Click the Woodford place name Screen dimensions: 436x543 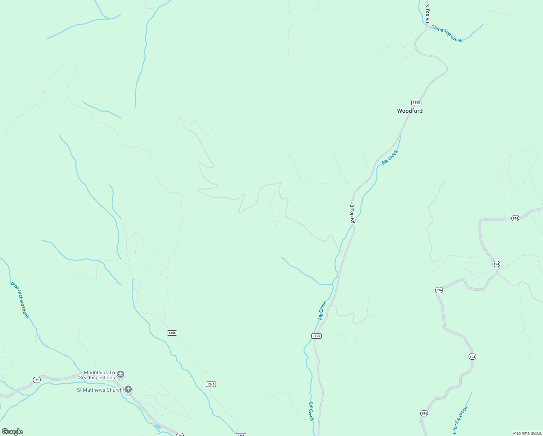409,111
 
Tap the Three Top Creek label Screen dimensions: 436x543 447,34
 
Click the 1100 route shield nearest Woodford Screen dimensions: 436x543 416,102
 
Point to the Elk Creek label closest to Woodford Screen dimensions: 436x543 390,157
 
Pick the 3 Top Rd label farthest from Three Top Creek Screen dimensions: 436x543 352,213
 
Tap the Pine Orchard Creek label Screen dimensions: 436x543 20,300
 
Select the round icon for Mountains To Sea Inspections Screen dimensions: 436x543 121,374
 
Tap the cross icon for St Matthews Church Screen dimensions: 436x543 128,390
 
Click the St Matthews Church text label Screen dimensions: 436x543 99,390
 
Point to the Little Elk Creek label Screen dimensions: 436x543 460,420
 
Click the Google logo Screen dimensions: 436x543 12,432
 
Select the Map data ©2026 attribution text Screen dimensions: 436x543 527,433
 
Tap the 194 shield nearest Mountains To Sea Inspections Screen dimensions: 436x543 37,380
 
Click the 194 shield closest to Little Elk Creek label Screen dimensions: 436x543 424,413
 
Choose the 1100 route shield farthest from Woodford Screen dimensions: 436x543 317,336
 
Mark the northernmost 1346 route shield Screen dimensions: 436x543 172,333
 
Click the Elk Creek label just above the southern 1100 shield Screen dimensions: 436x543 322,310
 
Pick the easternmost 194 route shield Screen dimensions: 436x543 515,218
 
